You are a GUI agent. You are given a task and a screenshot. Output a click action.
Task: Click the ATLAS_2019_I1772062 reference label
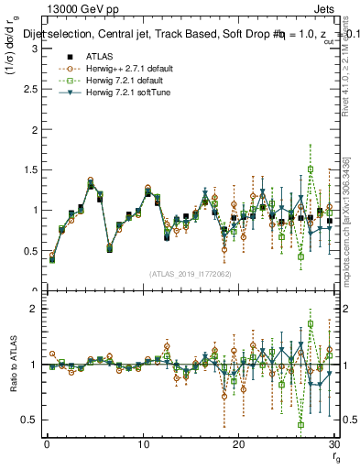tap(191, 274)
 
